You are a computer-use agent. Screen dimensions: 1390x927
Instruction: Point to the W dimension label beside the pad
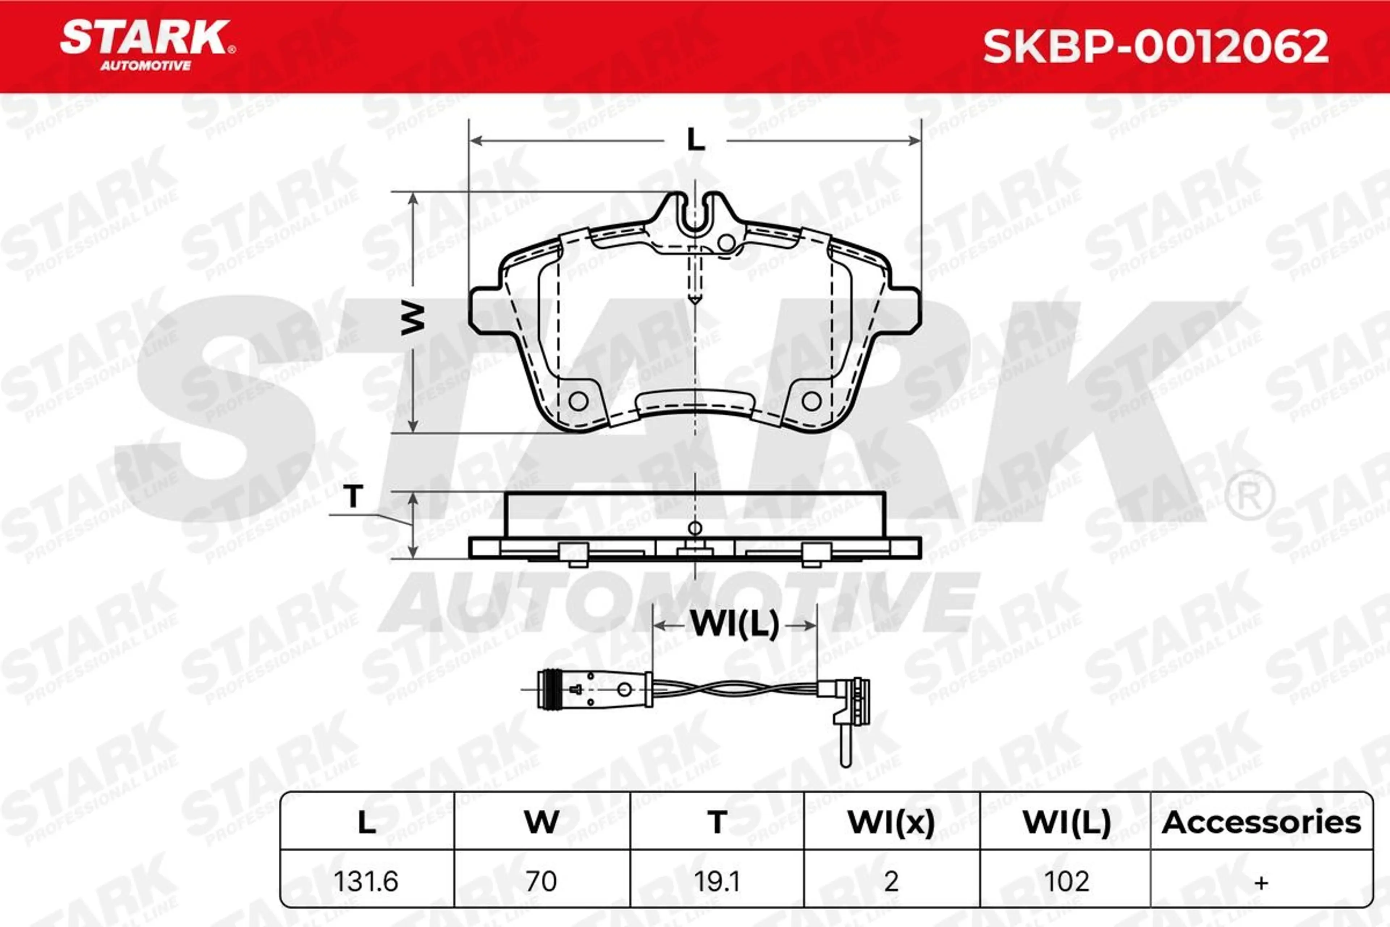click(x=413, y=318)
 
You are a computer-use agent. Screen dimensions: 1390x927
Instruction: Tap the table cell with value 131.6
click(x=366, y=881)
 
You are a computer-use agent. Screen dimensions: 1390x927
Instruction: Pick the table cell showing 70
click(x=541, y=881)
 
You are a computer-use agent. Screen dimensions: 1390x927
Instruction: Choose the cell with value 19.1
click(x=716, y=881)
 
